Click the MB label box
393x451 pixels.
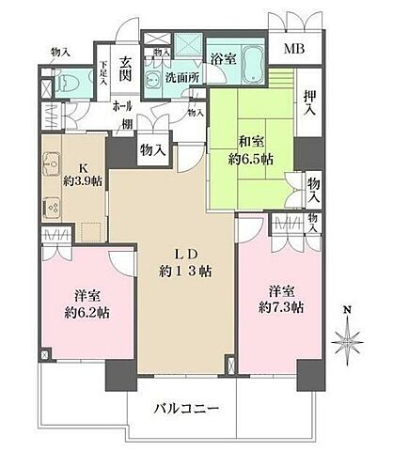[x=295, y=50]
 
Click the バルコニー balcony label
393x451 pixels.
[x=188, y=410]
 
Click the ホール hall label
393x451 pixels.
[x=120, y=106]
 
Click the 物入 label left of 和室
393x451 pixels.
[x=153, y=148]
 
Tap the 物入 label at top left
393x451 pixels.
[x=60, y=52]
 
